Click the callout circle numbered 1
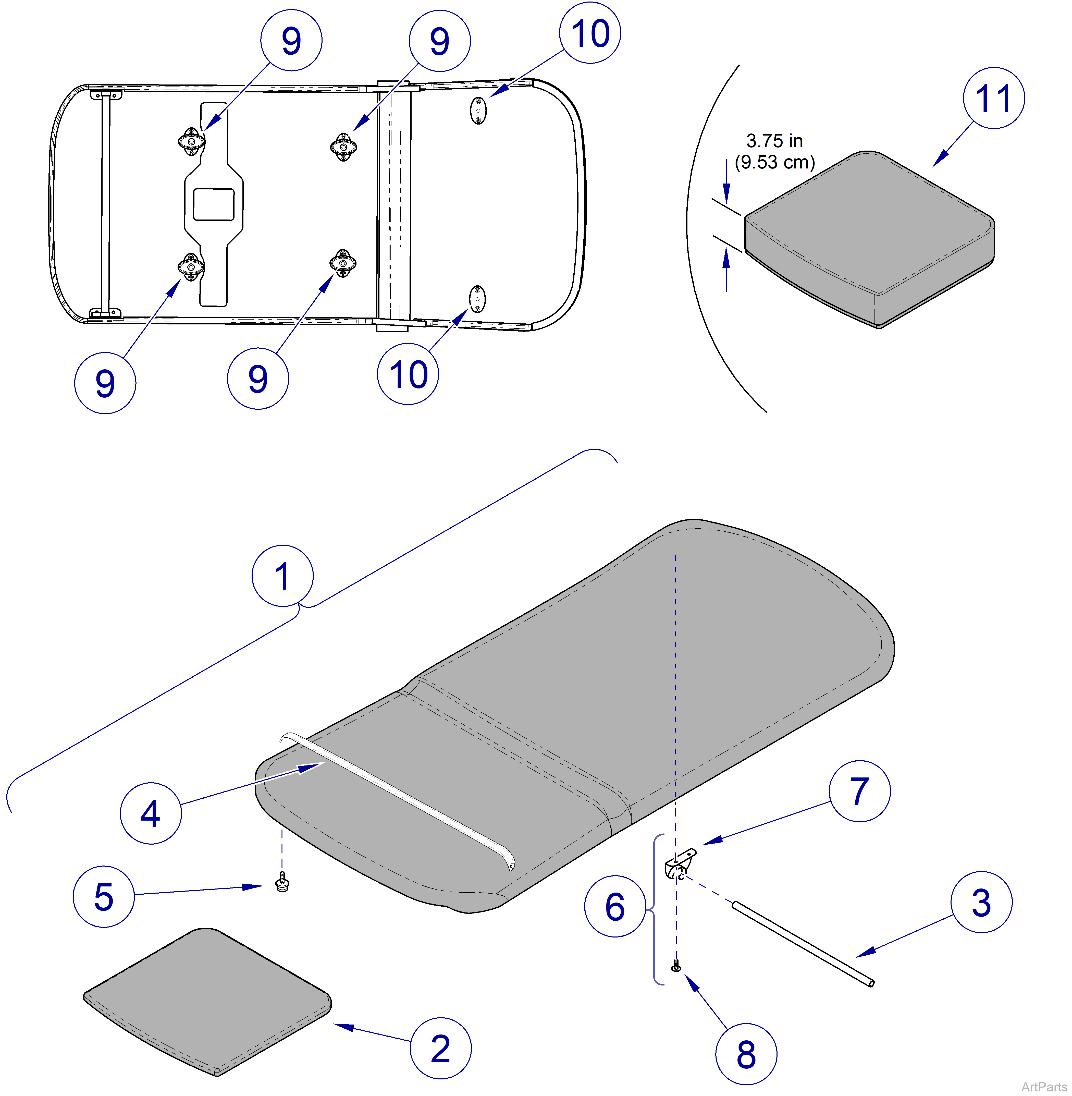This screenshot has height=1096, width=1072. [282, 576]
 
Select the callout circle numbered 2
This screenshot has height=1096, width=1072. [440, 1048]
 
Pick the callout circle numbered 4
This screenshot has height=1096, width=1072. [150, 813]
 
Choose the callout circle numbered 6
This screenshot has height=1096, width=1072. [615, 906]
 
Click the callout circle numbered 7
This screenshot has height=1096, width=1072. [859, 791]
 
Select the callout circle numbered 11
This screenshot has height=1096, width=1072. [993, 98]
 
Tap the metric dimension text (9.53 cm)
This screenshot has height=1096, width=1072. [775, 162]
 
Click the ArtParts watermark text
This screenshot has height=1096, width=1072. [1044, 1086]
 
